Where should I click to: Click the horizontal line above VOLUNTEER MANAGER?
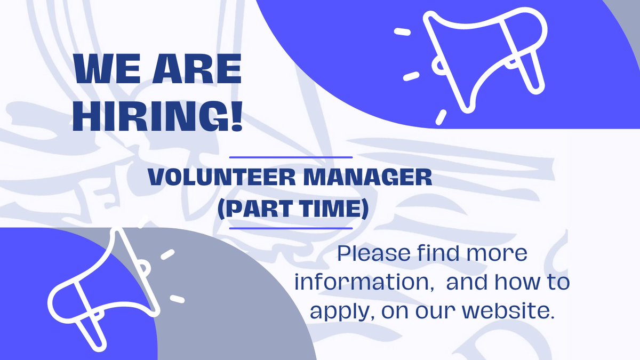291,157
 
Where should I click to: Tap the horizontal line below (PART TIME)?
291,228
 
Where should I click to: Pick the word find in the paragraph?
435,253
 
